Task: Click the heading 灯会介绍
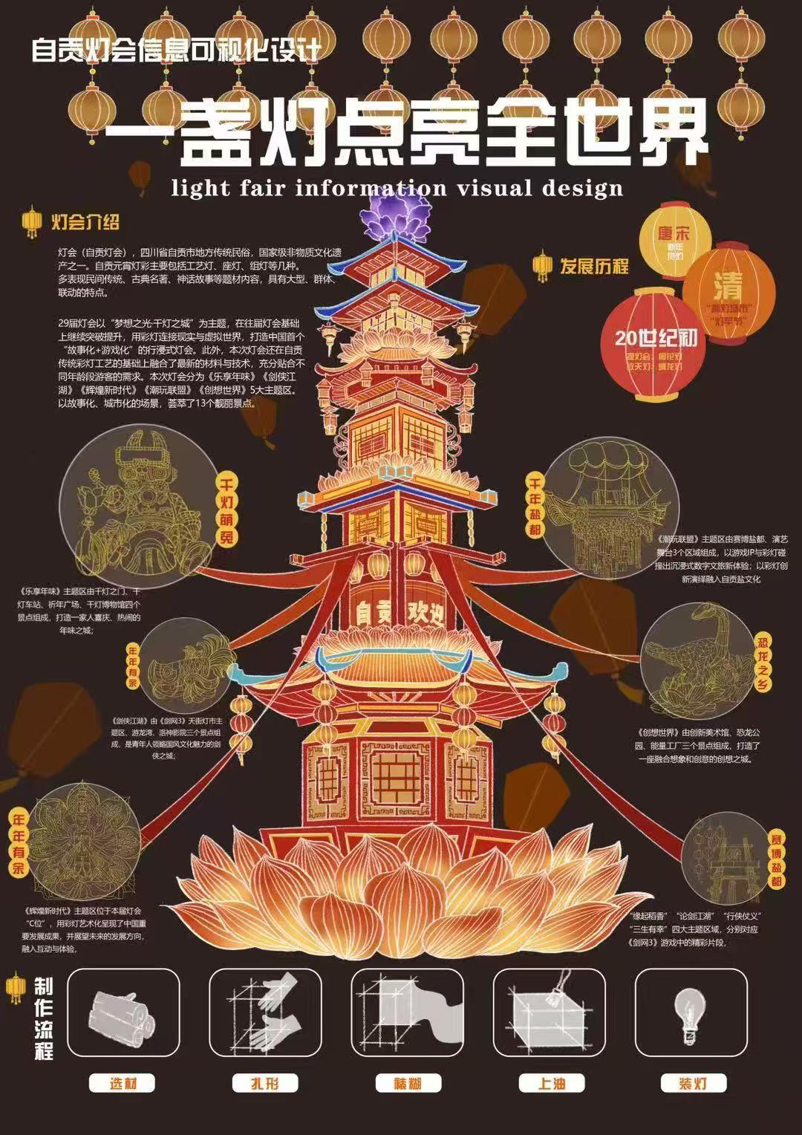point(85,222)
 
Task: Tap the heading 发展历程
point(594,266)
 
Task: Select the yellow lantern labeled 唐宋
point(674,241)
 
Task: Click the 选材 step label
point(123,1083)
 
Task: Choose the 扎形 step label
point(265,1083)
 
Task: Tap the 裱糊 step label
point(408,1083)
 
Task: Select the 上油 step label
point(550,1083)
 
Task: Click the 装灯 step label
point(693,1083)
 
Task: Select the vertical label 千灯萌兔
point(226,513)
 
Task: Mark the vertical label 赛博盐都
point(777,858)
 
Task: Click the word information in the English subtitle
point(371,187)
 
